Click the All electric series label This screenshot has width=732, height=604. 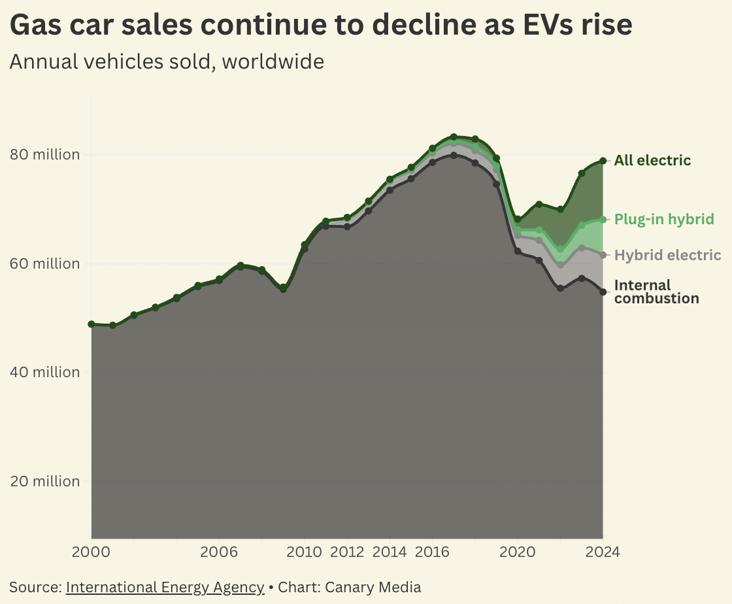(652, 161)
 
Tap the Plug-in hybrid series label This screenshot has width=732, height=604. (664, 219)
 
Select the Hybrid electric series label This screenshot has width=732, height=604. (668, 255)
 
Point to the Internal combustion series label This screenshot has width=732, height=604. (656, 292)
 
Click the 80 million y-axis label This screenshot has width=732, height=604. (45, 155)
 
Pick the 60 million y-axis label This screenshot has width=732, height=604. (45, 263)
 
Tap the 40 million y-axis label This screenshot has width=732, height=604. (45, 373)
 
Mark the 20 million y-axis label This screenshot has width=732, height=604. (45, 481)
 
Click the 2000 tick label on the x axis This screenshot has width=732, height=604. (91, 552)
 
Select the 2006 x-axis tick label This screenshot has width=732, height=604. (219, 552)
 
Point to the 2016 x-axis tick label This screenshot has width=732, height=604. (432, 552)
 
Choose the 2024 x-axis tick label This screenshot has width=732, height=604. (602, 552)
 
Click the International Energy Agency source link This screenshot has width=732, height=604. (165, 587)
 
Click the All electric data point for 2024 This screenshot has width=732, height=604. (603, 161)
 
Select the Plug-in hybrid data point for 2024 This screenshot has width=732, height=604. (603, 219)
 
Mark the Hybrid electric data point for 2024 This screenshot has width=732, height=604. (603, 255)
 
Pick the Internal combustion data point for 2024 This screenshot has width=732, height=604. (603, 292)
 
